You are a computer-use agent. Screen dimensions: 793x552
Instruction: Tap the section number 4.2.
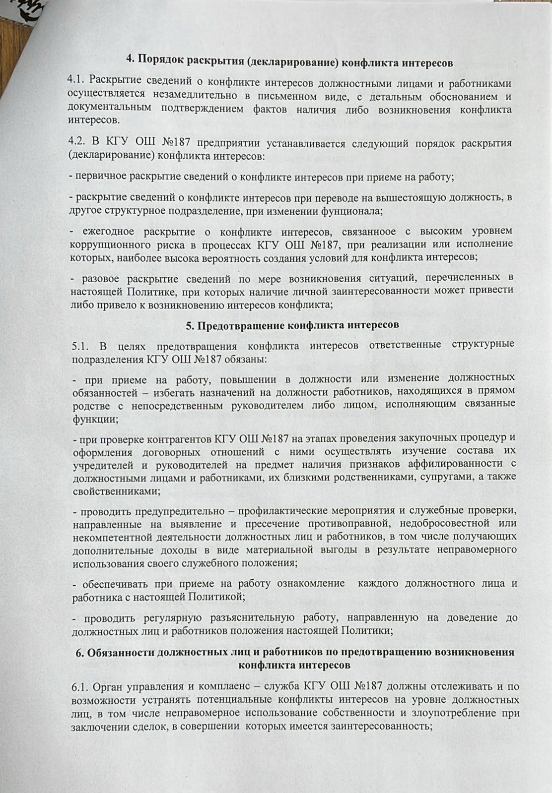78,143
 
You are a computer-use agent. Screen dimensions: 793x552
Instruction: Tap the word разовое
102,278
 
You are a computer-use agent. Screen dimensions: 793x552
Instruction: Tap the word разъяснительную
245,617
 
